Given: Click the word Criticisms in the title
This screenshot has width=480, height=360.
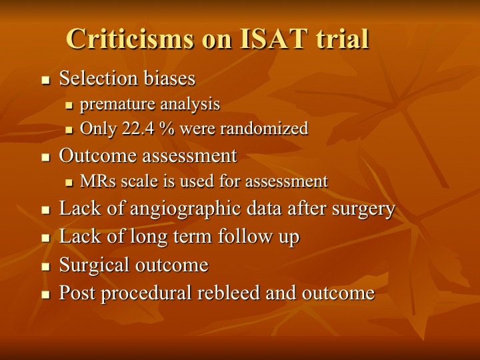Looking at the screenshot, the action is click(130, 39).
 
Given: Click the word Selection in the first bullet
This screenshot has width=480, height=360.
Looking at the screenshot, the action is click(98, 78).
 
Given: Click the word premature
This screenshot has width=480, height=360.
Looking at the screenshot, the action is click(117, 105).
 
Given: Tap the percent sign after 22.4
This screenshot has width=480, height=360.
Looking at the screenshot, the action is click(167, 128).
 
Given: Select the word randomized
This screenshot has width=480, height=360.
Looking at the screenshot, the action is click(264, 128).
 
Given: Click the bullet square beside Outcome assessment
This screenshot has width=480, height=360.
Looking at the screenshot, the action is click(45, 157).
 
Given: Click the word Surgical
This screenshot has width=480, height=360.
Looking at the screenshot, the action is click(94, 265).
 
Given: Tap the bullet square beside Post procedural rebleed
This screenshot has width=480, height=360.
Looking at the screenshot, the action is click(45, 295).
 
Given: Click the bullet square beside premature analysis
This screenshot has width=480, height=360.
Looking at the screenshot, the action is click(69, 106).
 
